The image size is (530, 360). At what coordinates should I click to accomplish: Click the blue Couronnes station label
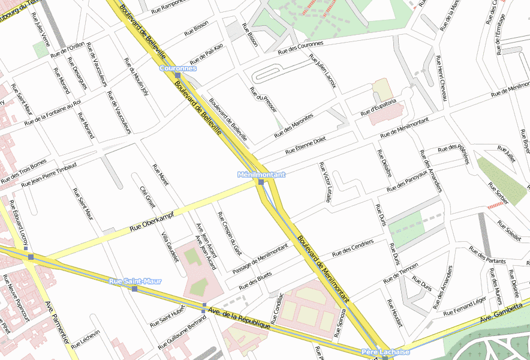(x=178, y=68)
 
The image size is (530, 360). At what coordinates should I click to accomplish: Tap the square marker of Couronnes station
(x=178, y=76)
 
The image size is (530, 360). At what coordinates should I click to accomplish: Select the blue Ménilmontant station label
(x=261, y=175)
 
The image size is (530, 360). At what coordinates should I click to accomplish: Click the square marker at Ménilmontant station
(x=261, y=182)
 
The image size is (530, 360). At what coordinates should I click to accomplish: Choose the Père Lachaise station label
(x=386, y=352)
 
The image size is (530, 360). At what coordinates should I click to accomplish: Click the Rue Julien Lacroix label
(x=323, y=71)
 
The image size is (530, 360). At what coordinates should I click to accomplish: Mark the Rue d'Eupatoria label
(x=378, y=109)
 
